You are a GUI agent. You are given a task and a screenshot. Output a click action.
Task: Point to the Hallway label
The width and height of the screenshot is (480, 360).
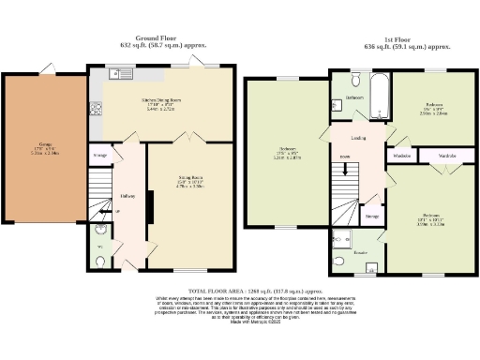(x=128, y=195)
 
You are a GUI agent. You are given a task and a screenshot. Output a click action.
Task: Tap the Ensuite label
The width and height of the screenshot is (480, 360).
(x=358, y=253)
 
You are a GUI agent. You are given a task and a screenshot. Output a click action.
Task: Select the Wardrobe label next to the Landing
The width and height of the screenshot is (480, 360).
(x=402, y=154)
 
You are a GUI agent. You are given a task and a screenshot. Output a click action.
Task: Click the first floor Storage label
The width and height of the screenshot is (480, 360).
(x=372, y=217)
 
